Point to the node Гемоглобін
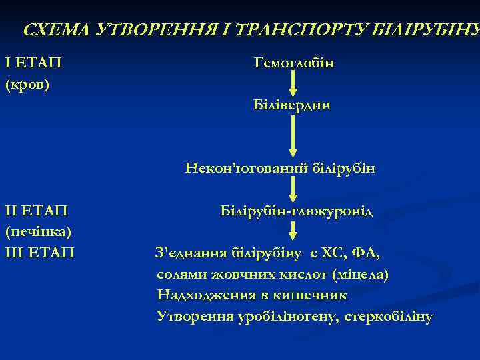coord(294,63)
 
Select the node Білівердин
coord(292,105)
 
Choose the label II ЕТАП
coord(37,211)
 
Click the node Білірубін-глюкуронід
coord(297,211)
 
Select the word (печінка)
coord(38,232)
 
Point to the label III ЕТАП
coord(40,253)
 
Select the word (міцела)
coord(360,274)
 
